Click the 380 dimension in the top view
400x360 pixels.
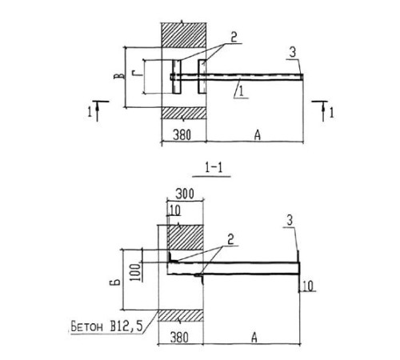[182, 135]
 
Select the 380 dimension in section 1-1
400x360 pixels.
[179, 338]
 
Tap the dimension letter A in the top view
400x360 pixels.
[257, 135]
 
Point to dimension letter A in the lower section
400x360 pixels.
[254, 338]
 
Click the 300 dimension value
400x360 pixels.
[185, 194]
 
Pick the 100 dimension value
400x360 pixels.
[135, 272]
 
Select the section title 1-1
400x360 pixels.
[214, 167]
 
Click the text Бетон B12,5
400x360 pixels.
[106, 326]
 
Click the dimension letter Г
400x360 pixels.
[137, 74]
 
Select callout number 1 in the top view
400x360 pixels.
[242, 91]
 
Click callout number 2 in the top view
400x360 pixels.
[234, 38]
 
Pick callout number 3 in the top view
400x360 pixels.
[293, 52]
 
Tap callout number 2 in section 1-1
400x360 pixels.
[230, 239]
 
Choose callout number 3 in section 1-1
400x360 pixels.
[290, 221]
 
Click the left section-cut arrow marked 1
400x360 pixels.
[97, 110]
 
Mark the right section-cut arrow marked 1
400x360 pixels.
[323, 110]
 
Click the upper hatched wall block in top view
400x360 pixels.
[183, 35]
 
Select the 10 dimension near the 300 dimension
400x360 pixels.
[175, 210]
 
